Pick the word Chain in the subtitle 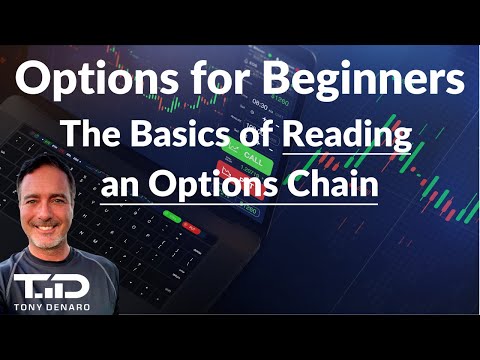tap(335, 186)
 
